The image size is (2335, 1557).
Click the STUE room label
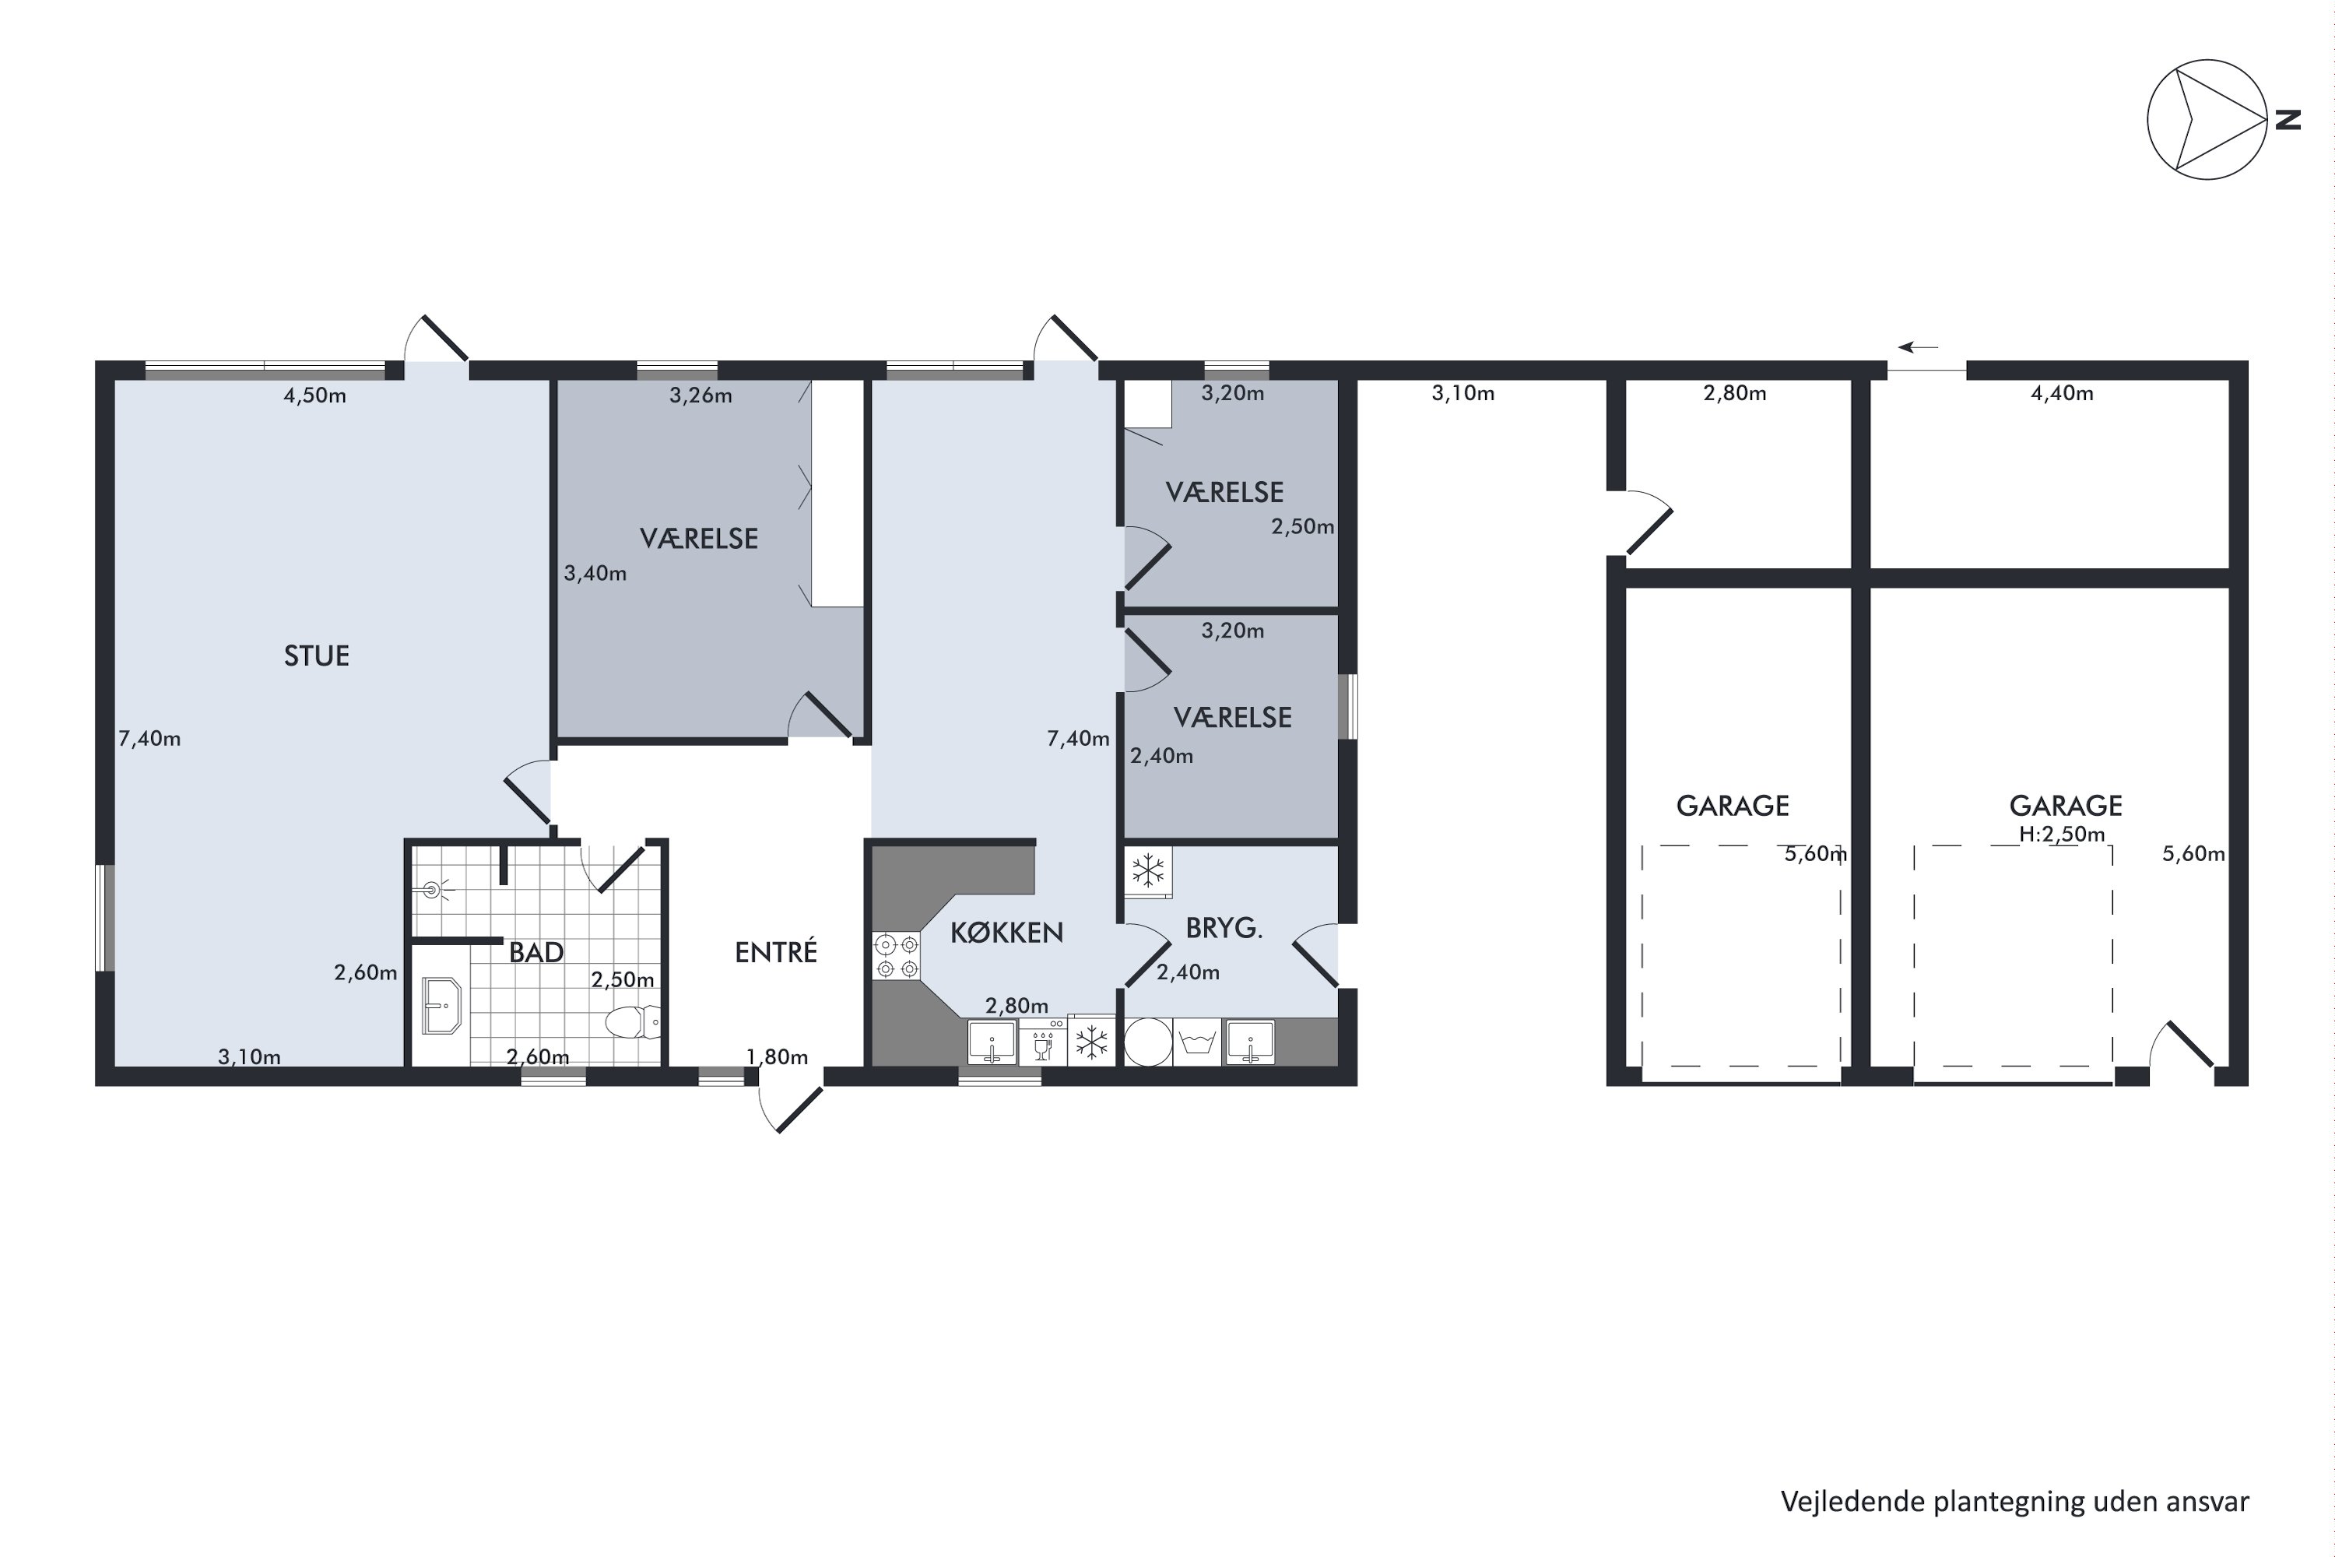(x=317, y=656)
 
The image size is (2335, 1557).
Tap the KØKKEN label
(x=1006, y=933)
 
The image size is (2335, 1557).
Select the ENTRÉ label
(x=775, y=952)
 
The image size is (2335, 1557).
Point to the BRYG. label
(x=1224, y=929)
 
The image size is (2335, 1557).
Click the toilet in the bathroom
(x=632, y=1021)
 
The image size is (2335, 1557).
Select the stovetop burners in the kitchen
(x=896, y=955)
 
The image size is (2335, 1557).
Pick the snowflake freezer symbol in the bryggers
(x=1149, y=871)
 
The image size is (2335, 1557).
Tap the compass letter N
(x=2288, y=119)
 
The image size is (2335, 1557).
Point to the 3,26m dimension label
(x=701, y=396)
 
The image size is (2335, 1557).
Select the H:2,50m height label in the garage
(x=2062, y=834)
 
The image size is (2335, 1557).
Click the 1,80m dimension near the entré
(x=778, y=1057)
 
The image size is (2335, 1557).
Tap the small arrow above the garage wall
(x=1918, y=347)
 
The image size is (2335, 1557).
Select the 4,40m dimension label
(x=2062, y=393)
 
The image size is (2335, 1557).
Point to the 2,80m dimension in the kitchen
(x=1017, y=1006)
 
